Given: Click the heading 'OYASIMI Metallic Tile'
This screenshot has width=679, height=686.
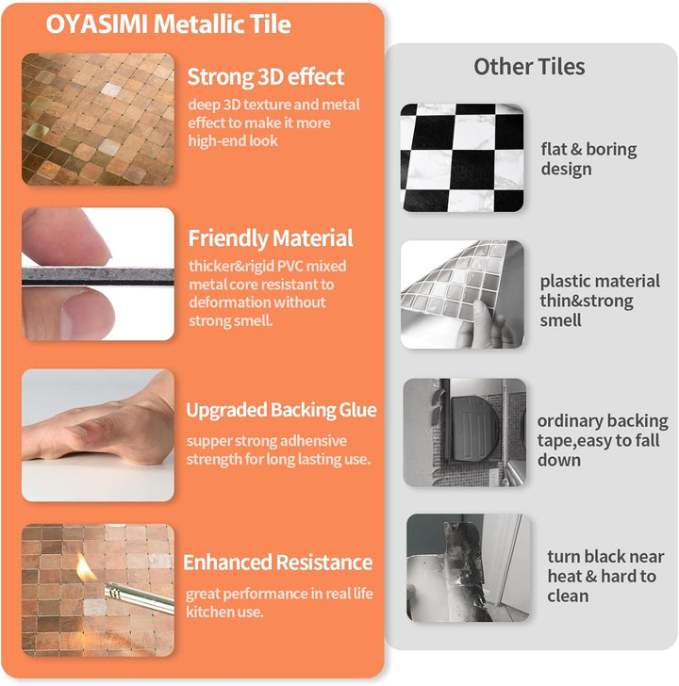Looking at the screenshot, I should [x=168, y=24].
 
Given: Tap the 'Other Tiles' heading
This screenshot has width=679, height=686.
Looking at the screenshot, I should [x=529, y=67].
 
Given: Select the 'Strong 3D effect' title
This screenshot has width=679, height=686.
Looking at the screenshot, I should [x=266, y=77].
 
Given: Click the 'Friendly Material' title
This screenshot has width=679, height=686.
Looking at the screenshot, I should [x=271, y=238].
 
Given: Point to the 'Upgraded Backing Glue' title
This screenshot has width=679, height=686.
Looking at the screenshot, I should [x=281, y=410].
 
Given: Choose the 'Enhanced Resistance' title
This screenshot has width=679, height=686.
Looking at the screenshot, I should [x=278, y=563].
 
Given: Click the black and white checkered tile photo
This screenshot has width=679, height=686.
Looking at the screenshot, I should [x=462, y=157].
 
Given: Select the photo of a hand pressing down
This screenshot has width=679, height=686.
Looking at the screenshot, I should [x=98, y=434].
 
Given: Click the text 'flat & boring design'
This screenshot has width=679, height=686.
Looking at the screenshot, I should [x=588, y=159].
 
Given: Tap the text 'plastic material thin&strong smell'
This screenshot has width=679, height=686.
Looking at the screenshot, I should [x=600, y=301].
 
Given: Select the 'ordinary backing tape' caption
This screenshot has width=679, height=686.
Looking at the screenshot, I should [x=603, y=440].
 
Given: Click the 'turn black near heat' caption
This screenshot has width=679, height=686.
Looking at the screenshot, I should [x=604, y=576].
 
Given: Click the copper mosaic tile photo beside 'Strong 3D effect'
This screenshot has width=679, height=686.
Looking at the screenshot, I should [x=98, y=120].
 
